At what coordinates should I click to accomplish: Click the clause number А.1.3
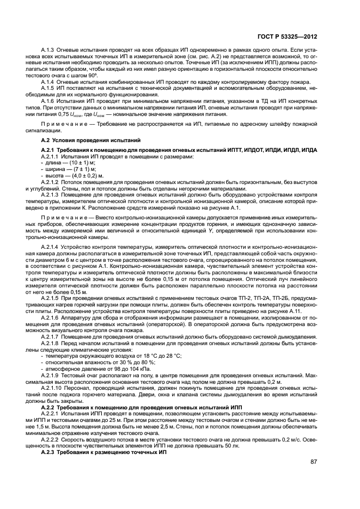(50, 51)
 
